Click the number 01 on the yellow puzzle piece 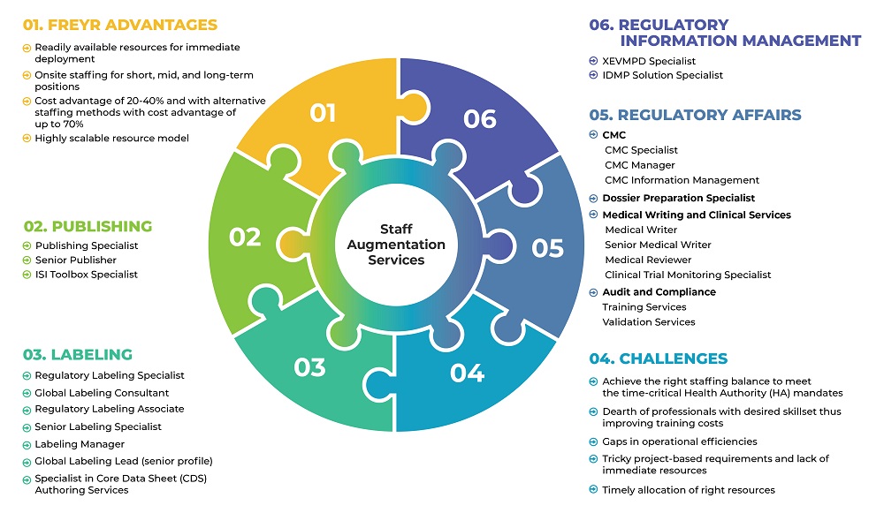[323, 113]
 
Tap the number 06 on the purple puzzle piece [479, 118]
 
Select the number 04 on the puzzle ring [467, 373]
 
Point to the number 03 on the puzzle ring [309, 366]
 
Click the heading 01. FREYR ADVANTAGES [120, 24]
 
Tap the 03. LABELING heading [78, 354]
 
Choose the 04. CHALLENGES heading [659, 358]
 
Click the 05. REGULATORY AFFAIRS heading [696, 115]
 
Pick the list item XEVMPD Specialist [649, 61]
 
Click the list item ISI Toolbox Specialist [87, 275]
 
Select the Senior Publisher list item [76, 260]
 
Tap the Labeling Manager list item [80, 444]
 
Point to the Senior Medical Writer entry [658, 245]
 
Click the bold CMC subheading [613, 135]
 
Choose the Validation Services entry [649, 321]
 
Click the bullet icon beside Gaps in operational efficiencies [593, 441]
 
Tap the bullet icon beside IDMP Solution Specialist [593, 75]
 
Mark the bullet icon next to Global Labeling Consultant [27, 393]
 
